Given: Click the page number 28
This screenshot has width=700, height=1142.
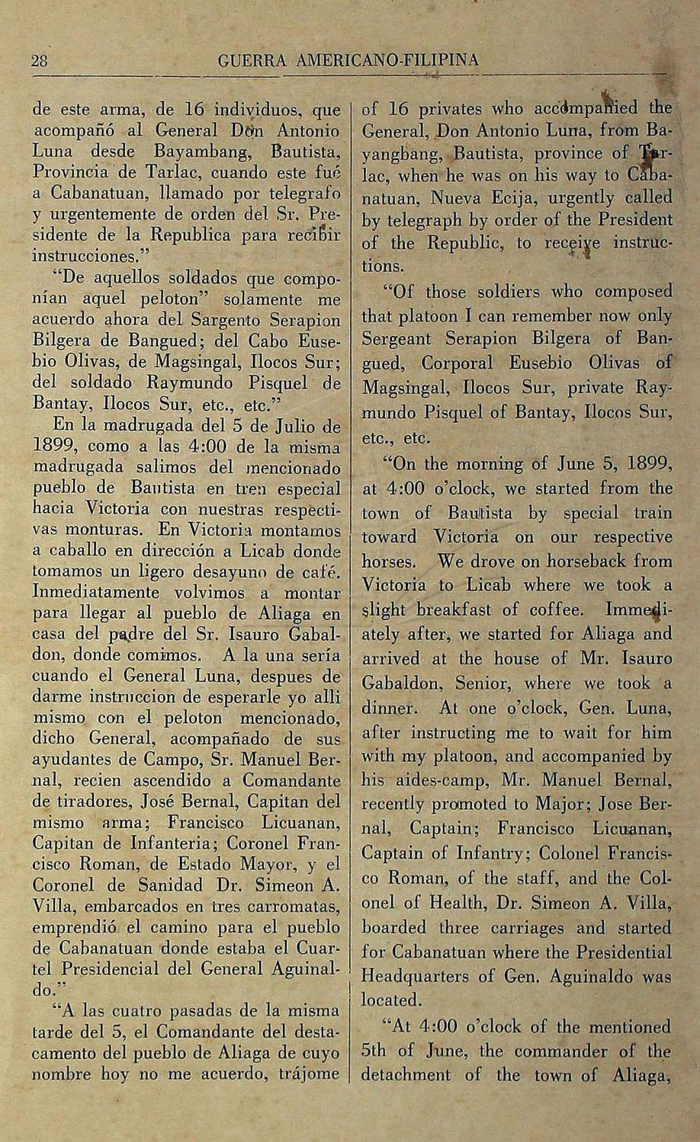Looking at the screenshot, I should tap(39, 61).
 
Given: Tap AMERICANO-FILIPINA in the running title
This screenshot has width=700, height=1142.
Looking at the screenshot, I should tap(383, 60).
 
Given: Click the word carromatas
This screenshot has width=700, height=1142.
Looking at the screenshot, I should tap(291, 907).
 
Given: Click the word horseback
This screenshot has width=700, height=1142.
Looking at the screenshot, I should tap(570, 561).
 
